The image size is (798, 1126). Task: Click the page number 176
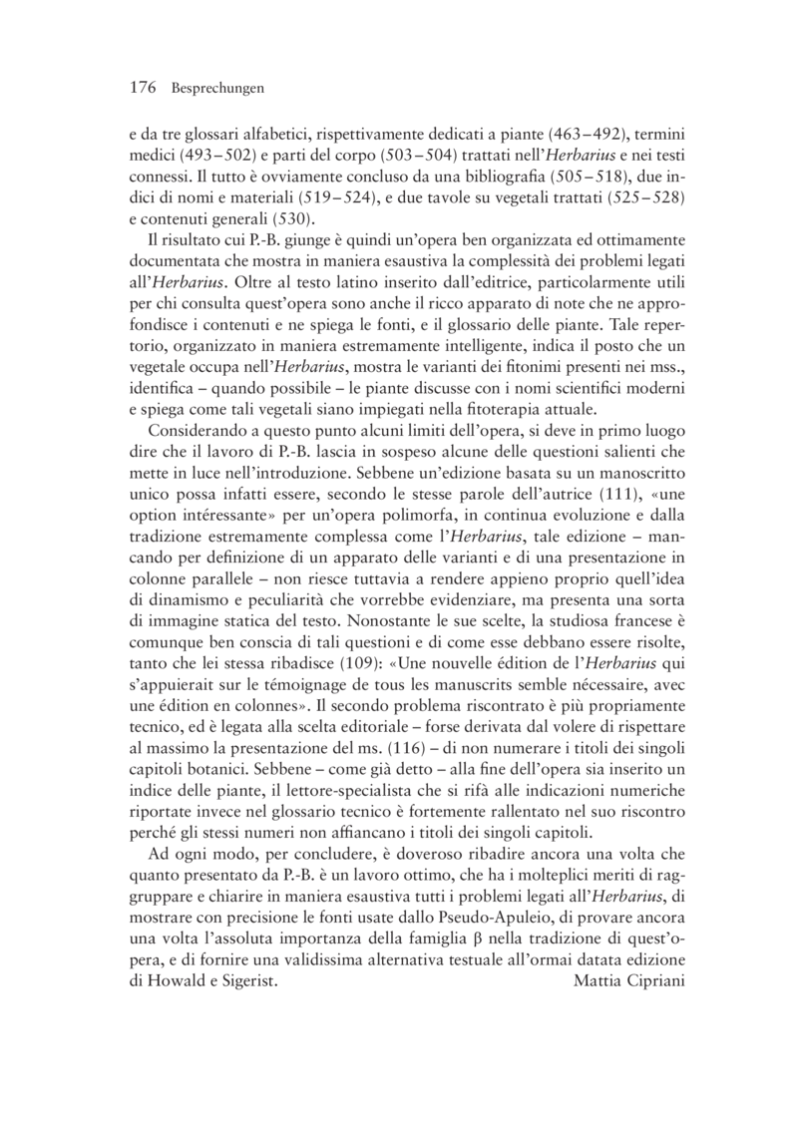pyautogui.click(x=144, y=89)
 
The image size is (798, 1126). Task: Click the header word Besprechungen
pyautogui.click(x=216, y=90)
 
